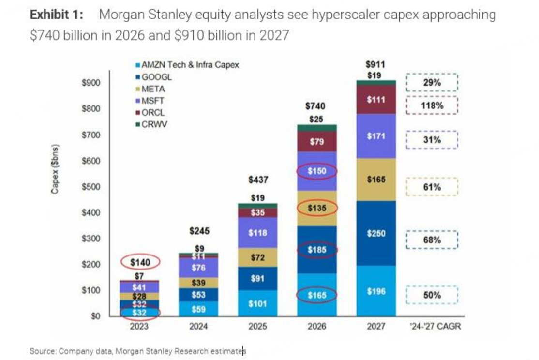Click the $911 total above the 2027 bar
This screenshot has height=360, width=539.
pos(375,64)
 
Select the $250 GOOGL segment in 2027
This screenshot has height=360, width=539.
pos(375,234)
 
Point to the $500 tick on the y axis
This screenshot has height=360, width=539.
pos(91,187)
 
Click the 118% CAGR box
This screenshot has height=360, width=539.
pos(432,105)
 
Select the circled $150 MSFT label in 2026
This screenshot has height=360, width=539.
pos(317,171)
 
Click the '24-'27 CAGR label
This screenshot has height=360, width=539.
pos(432,327)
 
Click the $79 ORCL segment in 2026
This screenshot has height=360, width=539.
pos(317,142)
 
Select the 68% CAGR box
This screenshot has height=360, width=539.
pos(432,240)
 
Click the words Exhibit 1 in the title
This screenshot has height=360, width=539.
pos(56,15)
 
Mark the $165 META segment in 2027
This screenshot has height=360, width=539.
pos(375,180)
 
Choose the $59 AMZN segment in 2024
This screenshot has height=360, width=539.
pos(198,308)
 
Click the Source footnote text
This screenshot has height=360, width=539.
pos(137,351)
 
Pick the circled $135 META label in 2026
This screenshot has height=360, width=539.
pos(317,209)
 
